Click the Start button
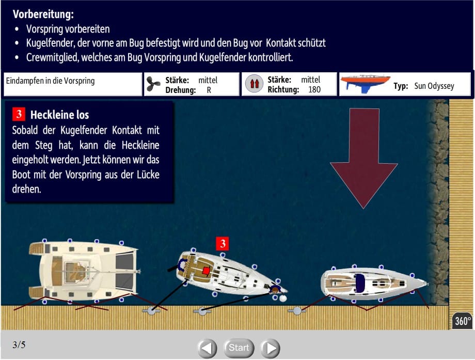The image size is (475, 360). click(239, 348)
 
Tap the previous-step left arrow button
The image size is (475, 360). click(207, 348)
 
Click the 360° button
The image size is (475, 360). click(463, 321)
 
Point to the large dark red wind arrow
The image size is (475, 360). click(364, 158)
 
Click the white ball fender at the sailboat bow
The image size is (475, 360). click(283, 298)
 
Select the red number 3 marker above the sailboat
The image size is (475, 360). click(223, 243)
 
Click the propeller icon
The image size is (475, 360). click(153, 84)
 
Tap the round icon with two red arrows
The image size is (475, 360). click(254, 83)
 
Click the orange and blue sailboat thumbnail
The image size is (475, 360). click(366, 84)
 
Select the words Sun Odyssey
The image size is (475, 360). click(434, 86)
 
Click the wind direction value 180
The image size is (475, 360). click(314, 89)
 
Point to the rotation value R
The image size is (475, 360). click(209, 90)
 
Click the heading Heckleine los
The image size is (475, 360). click(60, 115)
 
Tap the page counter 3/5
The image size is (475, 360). click(19, 345)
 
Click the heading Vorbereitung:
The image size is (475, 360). click(43, 14)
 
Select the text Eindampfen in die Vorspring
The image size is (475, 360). click(50, 81)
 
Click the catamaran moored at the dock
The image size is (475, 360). click(84, 271)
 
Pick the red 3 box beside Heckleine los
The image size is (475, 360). click(19, 114)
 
